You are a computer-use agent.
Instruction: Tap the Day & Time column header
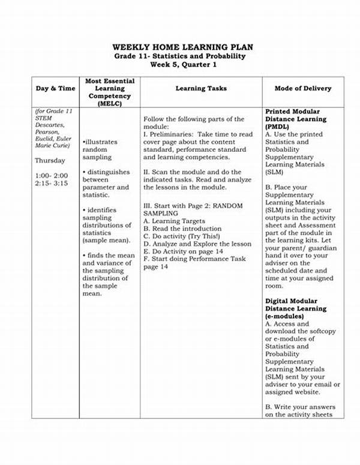56,88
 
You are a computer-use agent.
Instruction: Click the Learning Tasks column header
201,88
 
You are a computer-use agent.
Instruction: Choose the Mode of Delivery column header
302,88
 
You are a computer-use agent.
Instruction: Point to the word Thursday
50,161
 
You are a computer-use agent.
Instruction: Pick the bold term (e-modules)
284,316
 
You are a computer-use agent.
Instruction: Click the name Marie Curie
53,145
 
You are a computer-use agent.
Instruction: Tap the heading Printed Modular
293,112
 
